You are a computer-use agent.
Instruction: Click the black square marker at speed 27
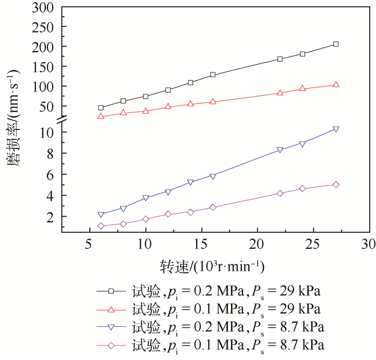click(336, 44)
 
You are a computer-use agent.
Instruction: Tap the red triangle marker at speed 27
click(336, 85)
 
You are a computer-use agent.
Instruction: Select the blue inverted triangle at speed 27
click(336, 129)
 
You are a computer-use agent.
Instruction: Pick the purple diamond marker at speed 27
click(336, 185)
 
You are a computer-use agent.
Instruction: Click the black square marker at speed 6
click(101, 108)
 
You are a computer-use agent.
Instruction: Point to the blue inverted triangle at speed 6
click(101, 215)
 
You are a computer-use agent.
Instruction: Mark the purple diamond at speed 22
click(280, 193)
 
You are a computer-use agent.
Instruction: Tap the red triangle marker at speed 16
click(213, 101)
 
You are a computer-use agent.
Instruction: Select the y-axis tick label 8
click(49, 153)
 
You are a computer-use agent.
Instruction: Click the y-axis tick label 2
click(49, 217)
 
